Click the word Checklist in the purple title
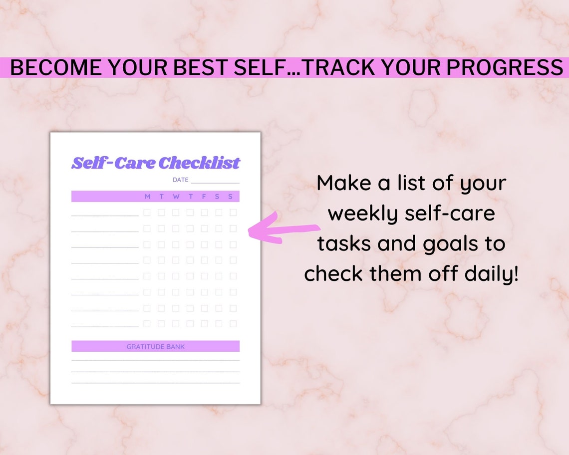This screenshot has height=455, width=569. click(x=199, y=163)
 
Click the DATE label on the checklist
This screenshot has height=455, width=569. click(x=180, y=180)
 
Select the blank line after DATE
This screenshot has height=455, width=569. click(x=215, y=182)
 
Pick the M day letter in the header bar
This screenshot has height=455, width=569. click(x=147, y=197)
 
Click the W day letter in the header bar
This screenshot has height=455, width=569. click(x=176, y=197)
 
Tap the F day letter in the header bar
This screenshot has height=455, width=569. click(x=204, y=197)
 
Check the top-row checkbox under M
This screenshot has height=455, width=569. click(x=147, y=213)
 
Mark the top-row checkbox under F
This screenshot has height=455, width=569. click(x=204, y=213)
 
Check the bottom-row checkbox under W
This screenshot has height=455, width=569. click(x=176, y=324)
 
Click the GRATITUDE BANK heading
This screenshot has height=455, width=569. click(x=155, y=346)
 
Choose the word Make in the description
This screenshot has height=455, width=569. click(x=344, y=183)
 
